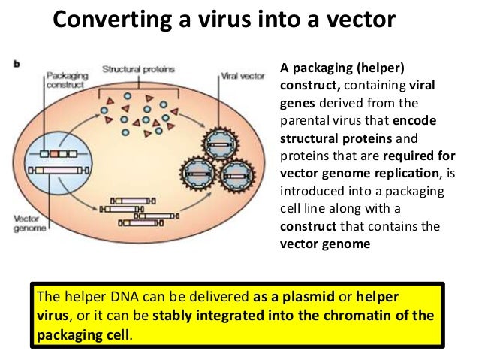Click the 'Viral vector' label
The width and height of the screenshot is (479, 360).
coord(241,76)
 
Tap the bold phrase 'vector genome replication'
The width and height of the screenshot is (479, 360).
coord(346,172)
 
